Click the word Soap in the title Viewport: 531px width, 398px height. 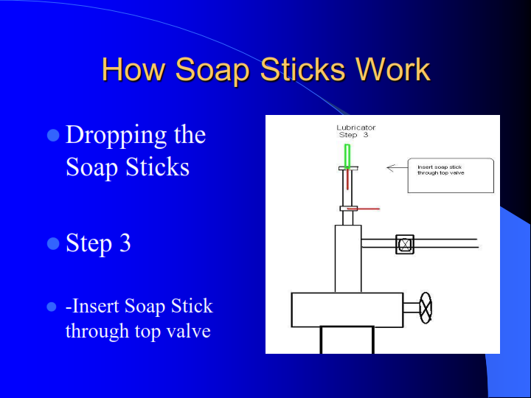click(x=212, y=70)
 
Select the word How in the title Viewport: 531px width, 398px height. click(x=132, y=69)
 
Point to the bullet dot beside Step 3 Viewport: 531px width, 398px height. click(x=53, y=243)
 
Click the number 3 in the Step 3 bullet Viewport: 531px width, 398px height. click(x=125, y=242)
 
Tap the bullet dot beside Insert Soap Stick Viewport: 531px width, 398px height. click(x=52, y=307)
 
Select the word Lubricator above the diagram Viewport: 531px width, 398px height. click(x=356, y=128)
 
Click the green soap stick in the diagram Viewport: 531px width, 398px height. click(x=347, y=156)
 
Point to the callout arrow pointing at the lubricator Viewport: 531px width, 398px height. click(x=398, y=167)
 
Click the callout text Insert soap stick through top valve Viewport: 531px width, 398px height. click(x=440, y=170)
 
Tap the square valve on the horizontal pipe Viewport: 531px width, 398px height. click(x=405, y=244)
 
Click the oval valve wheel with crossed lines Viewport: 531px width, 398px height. click(x=426, y=307)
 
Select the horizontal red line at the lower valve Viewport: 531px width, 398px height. click(x=364, y=209)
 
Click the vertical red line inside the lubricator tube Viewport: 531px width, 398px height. click(x=347, y=179)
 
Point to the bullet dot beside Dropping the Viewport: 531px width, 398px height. click(x=53, y=136)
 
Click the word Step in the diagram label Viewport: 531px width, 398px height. click(x=348, y=135)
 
